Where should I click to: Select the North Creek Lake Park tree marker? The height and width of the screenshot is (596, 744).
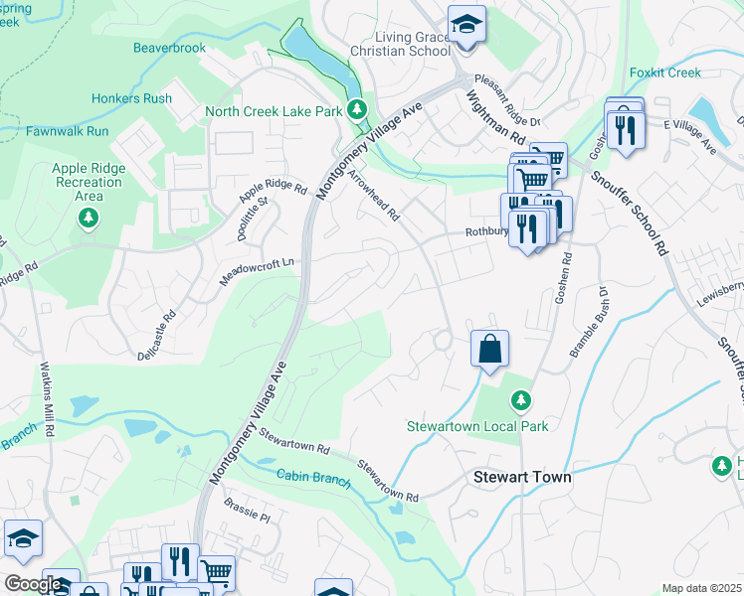pyautogui.click(x=356, y=110)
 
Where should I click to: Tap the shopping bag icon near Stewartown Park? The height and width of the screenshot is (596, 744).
pyautogui.click(x=489, y=349)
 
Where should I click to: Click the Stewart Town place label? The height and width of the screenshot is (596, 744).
pyautogui.click(x=522, y=477)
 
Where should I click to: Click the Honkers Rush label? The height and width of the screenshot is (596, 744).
pyautogui.click(x=131, y=98)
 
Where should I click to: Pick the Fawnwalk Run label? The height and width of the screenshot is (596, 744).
pyautogui.click(x=68, y=130)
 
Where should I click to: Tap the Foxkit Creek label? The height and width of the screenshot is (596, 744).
pyautogui.click(x=665, y=73)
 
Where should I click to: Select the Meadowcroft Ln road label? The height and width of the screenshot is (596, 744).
pyautogui.click(x=258, y=271)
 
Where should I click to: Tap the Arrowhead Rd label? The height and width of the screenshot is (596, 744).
pyautogui.click(x=373, y=194)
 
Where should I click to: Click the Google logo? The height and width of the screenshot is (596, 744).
pyautogui.click(x=32, y=584)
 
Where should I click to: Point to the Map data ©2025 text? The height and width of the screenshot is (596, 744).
pyautogui.click(x=700, y=588)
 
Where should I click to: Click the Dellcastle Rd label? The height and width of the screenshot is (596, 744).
pyautogui.click(x=156, y=335)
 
